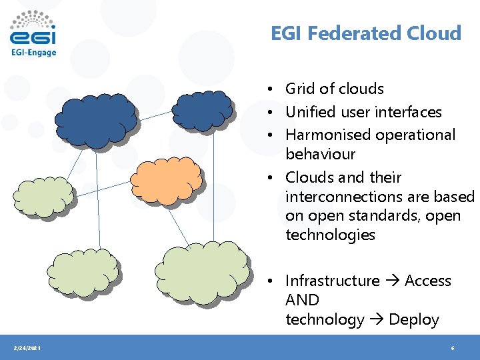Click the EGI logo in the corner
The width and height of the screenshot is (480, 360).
point(33,34)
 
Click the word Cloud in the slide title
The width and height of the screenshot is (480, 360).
point(437,33)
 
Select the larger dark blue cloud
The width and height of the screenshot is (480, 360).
point(95,119)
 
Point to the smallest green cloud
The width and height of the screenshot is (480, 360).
point(43,194)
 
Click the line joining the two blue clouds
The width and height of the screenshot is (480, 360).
point(155,115)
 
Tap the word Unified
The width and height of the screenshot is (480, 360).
point(311,112)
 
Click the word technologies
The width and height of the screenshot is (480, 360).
point(330,235)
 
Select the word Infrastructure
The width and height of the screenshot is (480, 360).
point(332,281)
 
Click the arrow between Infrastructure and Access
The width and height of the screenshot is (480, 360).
point(392,281)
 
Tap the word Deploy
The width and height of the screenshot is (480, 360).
point(414,320)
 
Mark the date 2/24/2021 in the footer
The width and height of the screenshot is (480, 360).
point(27,349)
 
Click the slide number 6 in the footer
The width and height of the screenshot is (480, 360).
point(453,349)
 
